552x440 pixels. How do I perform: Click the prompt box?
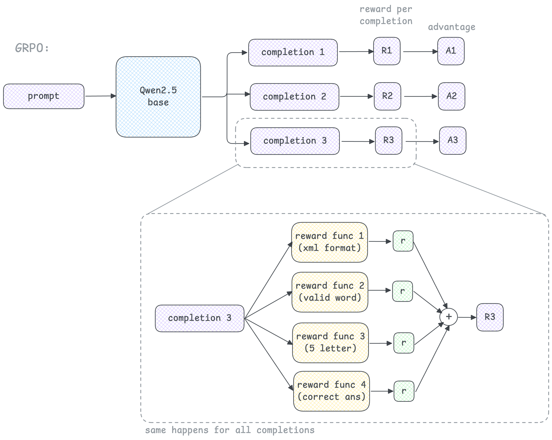[x=44, y=96]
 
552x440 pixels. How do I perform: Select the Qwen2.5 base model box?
[x=158, y=97]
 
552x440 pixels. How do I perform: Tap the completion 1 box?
[x=293, y=53]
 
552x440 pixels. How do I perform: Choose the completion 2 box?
[x=294, y=97]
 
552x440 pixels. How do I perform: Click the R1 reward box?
[x=387, y=51]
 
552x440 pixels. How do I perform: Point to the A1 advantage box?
[x=451, y=51]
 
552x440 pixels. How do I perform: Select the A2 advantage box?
[x=452, y=96]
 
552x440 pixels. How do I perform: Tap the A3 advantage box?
[x=453, y=141]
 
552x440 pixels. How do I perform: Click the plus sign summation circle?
[x=449, y=317]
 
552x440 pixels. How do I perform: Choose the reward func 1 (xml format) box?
[x=330, y=242]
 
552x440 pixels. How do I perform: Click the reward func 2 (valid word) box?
[x=330, y=292]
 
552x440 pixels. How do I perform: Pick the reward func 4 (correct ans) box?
[x=331, y=391]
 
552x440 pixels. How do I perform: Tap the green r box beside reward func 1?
[x=403, y=241]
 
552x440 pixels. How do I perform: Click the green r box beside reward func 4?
[x=404, y=391]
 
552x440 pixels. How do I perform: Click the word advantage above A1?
[x=452, y=27]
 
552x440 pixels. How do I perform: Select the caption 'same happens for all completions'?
[x=230, y=430]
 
